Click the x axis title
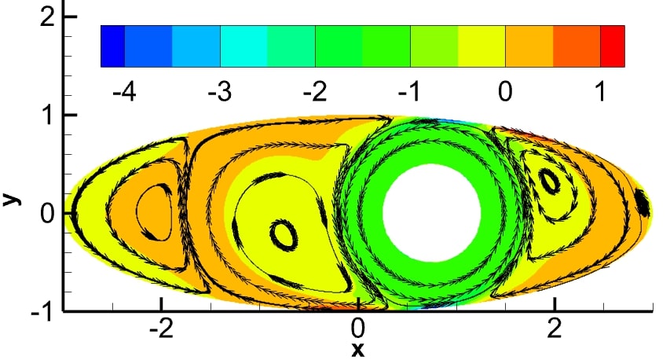pos(358,350)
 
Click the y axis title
pos(12,198)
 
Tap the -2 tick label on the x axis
pos(162,329)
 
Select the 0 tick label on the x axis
pos(358,329)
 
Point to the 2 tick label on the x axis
pos(555,329)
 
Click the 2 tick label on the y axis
pos(47,17)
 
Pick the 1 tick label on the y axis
pos(48,115)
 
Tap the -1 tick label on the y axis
pos(42,312)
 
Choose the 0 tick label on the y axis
pos(47,213)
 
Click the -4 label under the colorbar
pos(124,91)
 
